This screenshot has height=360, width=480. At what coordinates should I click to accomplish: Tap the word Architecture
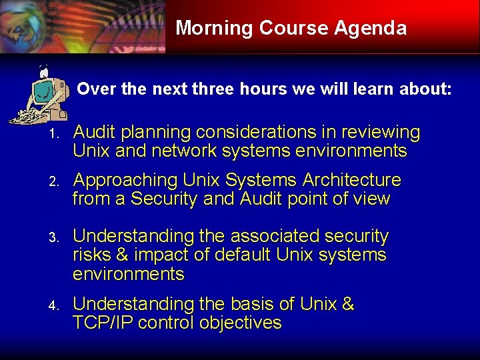(x=352, y=180)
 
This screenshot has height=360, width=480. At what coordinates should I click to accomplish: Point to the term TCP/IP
(x=103, y=323)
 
